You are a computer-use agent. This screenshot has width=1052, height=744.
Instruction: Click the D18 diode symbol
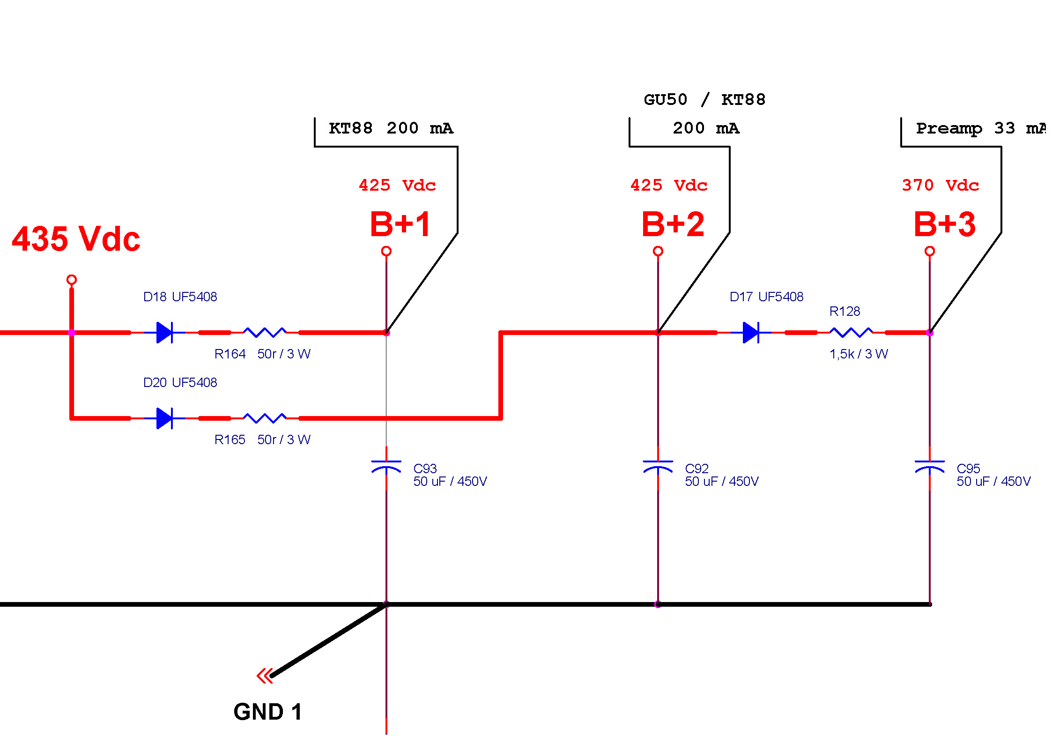click(164, 333)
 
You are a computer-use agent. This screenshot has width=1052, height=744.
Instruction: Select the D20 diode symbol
click(164, 418)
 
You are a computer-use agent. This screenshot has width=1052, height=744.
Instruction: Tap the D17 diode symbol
click(751, 333)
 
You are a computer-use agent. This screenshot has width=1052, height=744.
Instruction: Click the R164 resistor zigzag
click(265, 333)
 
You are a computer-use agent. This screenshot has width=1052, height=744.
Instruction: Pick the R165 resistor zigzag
click(265, 418)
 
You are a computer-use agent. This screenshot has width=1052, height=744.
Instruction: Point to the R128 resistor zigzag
click(851, 333)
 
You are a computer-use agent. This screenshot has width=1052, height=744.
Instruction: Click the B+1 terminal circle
click(386, 251)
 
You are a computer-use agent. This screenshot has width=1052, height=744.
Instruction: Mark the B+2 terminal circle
click(658, 251)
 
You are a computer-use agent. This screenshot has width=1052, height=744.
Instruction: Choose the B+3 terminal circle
click(929, 251)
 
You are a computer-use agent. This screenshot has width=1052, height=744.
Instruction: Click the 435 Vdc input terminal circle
click(71, 280)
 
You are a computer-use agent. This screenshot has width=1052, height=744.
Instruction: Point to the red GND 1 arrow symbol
click(265, 676)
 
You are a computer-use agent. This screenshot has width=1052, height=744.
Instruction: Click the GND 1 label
click(267, 712)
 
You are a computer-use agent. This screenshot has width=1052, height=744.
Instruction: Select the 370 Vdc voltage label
click(940, 186)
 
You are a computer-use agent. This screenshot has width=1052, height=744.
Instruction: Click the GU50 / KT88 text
click(704, 100)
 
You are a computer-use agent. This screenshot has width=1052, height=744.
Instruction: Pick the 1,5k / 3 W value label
click(859, 354)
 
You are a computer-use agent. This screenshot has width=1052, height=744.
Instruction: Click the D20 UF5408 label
click(180, 382)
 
